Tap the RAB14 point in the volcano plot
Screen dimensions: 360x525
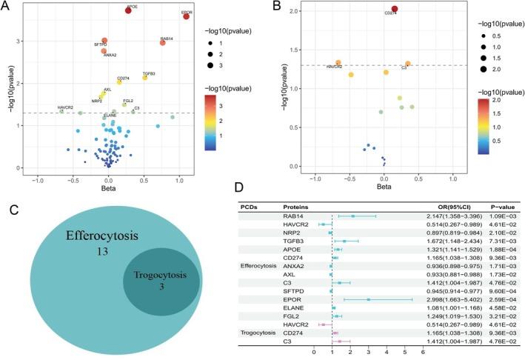click(163, 43)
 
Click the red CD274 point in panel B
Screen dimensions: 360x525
click(394, 9)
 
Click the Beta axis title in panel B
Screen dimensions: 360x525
click(383, 187)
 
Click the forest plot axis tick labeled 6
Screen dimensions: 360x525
click(423, 353)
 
